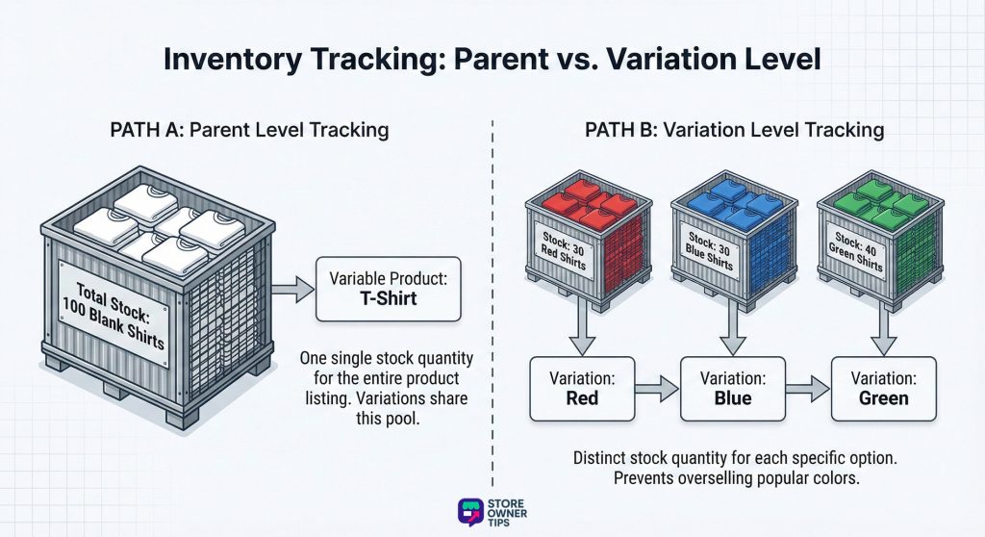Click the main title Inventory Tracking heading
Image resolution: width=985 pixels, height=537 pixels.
492,59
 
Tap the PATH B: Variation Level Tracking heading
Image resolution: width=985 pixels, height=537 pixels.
734,130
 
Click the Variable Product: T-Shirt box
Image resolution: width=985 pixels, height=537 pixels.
389,289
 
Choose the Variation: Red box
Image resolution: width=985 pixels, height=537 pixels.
583,389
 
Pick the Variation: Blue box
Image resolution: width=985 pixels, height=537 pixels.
733,389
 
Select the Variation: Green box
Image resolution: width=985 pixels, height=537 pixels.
883,389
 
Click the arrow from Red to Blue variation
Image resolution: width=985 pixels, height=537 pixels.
657,389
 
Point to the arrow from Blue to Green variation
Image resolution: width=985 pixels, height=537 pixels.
807,389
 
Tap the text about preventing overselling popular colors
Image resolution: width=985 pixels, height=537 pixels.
733,476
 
